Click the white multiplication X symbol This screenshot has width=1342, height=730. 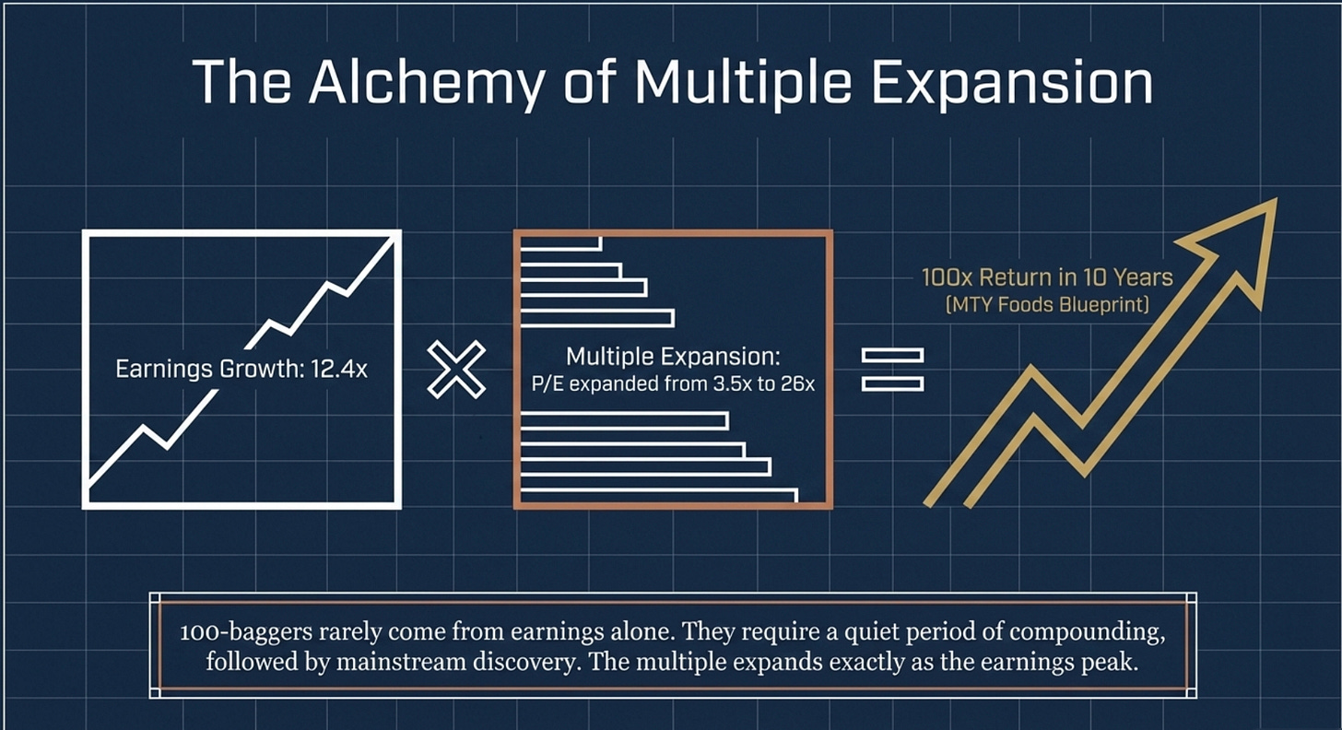[x=456, y=369]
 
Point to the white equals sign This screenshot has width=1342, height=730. [x=892, y=369]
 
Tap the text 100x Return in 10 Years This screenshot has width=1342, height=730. [x=1047, y=277]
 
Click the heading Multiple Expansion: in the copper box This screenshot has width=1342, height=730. [x=674, y=357]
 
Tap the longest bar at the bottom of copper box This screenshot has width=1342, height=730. [x=658, y=496]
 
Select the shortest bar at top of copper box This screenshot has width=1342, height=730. [x=560, y=243]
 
